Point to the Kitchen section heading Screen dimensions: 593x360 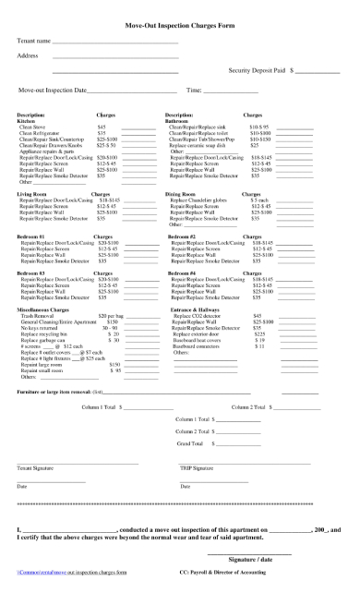[29, 120]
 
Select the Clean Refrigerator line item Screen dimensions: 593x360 [42, 132]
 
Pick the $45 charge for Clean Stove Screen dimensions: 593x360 [102, 127]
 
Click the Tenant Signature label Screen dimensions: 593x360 [36, 469]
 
